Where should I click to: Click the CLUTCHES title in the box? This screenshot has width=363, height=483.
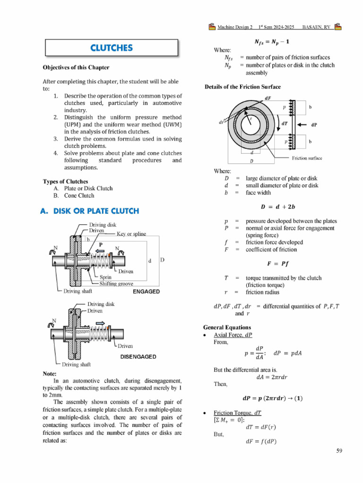click(x=112, y=48)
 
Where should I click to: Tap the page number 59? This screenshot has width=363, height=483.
click(x=339, y=451)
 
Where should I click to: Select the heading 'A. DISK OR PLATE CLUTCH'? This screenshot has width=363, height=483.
click(x=90, y=211)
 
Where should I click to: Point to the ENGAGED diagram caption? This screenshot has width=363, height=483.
click(x=146, y=291)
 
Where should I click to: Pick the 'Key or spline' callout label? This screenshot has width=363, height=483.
click(x=131, y=233)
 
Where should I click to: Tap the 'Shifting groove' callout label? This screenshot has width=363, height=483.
click(x=116, y=284)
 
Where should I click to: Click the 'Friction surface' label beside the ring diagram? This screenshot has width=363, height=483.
click(x=307, y=158)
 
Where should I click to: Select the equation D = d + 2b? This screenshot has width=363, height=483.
click(x=278, y=206)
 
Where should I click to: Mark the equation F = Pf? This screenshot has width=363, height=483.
click(x=278, y=263)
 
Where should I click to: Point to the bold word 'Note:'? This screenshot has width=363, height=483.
click(x=50, y=373)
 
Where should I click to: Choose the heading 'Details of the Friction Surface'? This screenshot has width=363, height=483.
click(x=242, y=87)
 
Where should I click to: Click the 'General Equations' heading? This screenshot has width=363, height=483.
click(x=227, y=327)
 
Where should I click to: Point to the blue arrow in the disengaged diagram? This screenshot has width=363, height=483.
click(x=101, y=323)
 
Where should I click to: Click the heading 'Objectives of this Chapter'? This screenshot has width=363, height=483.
click(x=76, y=67)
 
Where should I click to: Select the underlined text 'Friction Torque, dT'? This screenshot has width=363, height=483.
click(x=237, y=412)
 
